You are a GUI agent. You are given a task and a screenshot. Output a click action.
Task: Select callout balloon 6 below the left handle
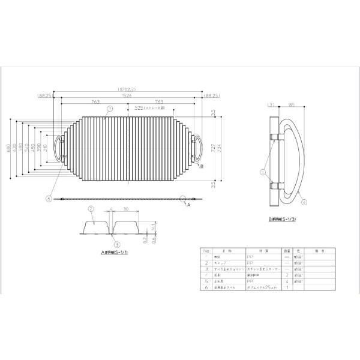click(x=48, y=197)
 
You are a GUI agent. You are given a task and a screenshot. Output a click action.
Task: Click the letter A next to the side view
click(x=189, y=205)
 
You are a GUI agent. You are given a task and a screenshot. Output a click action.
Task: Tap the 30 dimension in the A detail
click(x=125, y=209)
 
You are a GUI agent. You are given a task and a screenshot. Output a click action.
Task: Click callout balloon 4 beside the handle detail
click(x=305, y=202)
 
